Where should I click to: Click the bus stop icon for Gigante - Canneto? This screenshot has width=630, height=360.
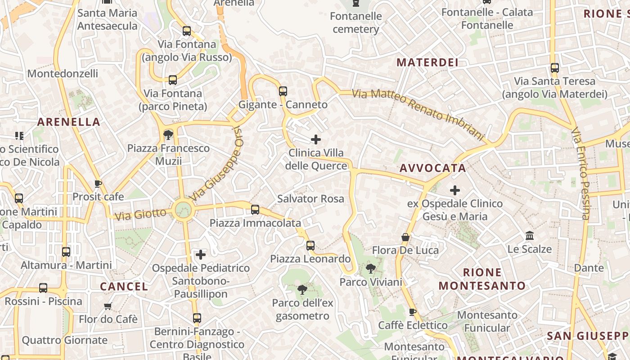pyautogui.click(x=283, y=91)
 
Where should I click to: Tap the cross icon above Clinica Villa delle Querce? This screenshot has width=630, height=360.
pyautogui.click(x=316, y=139)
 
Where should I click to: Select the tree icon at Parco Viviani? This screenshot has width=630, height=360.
pyautogui.click(x=371, y=269)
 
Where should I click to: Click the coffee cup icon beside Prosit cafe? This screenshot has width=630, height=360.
pyautogui.click(x=98, y=184)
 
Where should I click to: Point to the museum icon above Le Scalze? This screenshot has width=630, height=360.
pyautogui.click(x=530, y=236)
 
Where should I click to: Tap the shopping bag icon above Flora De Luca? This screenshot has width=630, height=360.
pyautogui.click(x=405, y=237)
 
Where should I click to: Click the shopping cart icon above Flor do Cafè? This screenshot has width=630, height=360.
pyautogui.click(x=108, y=306)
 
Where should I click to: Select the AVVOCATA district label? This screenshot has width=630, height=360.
pyautogui.click(x=433, y=168)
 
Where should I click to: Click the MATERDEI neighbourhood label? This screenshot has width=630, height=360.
pyautogui.click(x=427, y=63)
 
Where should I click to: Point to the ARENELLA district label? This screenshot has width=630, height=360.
pyautogui.click(x=68, y=122)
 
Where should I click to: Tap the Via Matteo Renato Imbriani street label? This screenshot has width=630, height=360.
pyautogui.click(x=418, y=112)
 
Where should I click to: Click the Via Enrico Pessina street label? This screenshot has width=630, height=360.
pyautogui.click(x=580, y=173)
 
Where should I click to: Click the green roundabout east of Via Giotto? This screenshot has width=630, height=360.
pyautogui.click(x=183, y=210)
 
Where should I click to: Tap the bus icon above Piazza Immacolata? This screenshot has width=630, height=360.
pyautogui.click(x=255, y=209)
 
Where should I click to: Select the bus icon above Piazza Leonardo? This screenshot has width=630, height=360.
pyautogui.click(x=310, y=246)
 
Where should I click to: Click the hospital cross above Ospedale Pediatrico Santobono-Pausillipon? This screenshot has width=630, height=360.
pyautogui.click(x=201, y=255)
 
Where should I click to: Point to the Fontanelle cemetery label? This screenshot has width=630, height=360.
pyautogui.click(x=355, y=23)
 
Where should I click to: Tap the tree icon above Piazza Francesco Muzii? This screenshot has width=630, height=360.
pyautogui.click(x=168, y=135)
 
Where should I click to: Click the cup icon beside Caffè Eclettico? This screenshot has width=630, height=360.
pyautogui.click(x=412, y=312)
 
